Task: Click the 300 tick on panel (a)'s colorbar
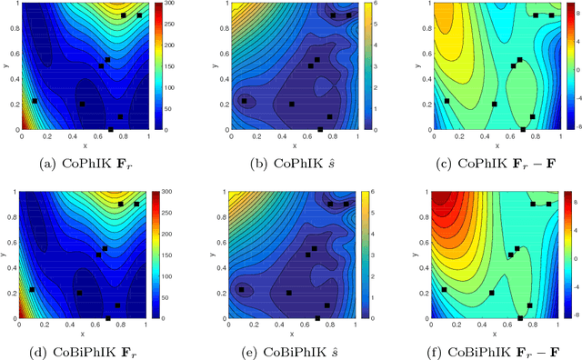point(181,5)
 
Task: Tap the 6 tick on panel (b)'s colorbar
point(375,5)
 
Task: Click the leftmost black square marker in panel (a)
point(35,101)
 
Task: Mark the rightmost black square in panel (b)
point(348,15)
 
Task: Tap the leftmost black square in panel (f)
point(446,289)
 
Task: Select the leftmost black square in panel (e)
point(243,289)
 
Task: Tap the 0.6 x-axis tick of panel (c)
point(506,136)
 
